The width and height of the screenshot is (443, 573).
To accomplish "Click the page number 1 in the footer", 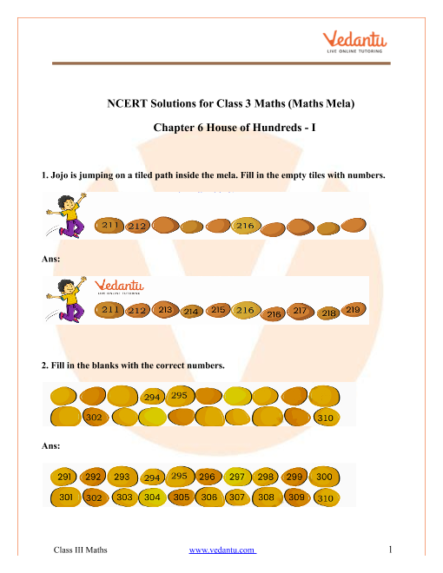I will point(393,550).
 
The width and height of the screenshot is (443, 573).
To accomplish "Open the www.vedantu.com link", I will point(222,550).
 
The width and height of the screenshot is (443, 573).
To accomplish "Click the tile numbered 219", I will point(353,309).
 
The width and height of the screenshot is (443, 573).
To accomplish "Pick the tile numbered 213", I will point(165,309).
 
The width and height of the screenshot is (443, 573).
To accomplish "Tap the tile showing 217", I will point(301,309).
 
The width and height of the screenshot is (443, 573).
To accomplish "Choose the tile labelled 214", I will point(192,312).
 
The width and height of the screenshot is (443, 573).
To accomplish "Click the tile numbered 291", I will point(64,477).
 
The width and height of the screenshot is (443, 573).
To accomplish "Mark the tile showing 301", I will point(64,497).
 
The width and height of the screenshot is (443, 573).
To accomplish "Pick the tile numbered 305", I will point(181,497).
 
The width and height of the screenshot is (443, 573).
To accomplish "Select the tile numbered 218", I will point(328,313).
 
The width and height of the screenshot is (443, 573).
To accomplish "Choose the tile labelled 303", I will point(123,497).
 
